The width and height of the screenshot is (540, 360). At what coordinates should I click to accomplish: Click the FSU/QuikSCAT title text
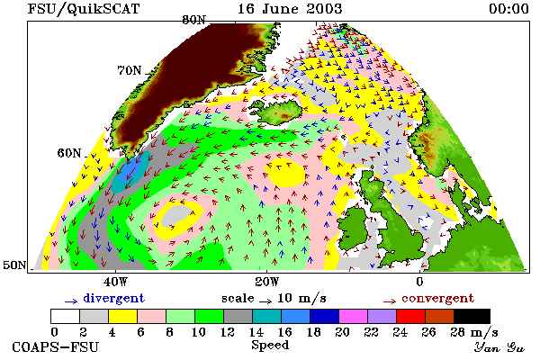[84, 9]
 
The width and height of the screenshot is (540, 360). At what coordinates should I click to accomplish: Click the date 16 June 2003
[290, 9]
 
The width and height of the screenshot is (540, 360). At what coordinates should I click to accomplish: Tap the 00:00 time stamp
[508, 9]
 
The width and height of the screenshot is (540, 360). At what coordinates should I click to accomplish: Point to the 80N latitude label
[193, 20]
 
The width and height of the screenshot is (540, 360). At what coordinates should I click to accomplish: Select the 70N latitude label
[130, 70]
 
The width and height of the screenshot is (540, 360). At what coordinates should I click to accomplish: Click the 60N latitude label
[69, 153]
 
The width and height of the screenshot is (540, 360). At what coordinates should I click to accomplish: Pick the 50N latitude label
[14, 265]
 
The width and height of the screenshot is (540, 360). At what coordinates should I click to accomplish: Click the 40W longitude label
[115, 282]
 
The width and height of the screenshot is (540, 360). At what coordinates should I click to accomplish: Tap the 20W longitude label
[267, 282]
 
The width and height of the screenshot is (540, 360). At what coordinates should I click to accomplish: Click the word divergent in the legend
[113, 298]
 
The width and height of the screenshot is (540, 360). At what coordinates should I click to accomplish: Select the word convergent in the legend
[437, 298]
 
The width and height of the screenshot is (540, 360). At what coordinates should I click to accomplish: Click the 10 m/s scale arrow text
[301, 298]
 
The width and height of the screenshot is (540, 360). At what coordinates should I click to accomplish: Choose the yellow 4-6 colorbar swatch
[123, 316]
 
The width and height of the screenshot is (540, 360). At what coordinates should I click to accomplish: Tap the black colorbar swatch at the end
[472, 316]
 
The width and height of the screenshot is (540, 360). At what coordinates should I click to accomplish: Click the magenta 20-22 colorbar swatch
[354, 316]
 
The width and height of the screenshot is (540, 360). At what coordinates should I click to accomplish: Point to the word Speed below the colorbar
[270, 345]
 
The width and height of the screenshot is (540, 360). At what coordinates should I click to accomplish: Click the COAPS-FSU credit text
[55, 346]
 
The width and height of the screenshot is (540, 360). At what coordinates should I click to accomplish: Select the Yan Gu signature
[499, 347]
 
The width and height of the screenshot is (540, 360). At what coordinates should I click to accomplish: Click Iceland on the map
[277, 110]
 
